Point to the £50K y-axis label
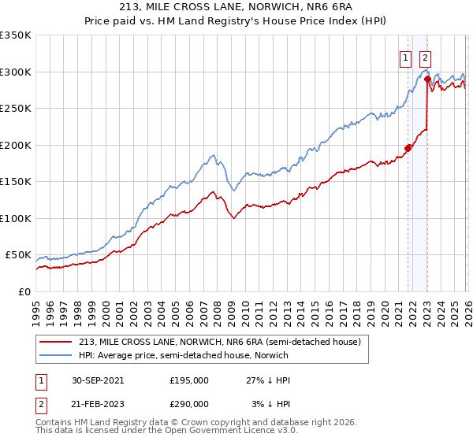(x=17, y=255)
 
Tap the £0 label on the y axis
(x=24, y=291)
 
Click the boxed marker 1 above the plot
(x=405, y=57)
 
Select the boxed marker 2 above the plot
(x=425, y=57)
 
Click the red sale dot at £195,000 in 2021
(x=408, y=148)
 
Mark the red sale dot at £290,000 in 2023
(x=427, y=79)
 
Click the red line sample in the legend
(x=56, y=342)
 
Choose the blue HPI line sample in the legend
(x=56, y=356)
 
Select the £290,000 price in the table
(x=188, y=403)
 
